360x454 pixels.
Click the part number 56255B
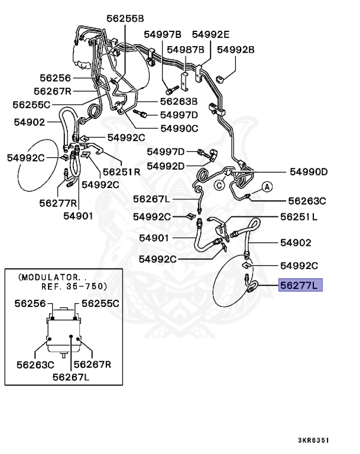(125, 18)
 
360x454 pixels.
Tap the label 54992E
(210, 35)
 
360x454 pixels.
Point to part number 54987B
(185, 49)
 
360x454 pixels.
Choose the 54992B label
(235, 49)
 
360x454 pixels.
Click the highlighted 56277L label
(299, 286)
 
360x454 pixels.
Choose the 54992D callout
(166, 166)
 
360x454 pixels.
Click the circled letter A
(266, 187)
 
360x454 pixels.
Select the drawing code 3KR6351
(313, 440)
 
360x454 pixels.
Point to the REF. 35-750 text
(74, 286)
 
